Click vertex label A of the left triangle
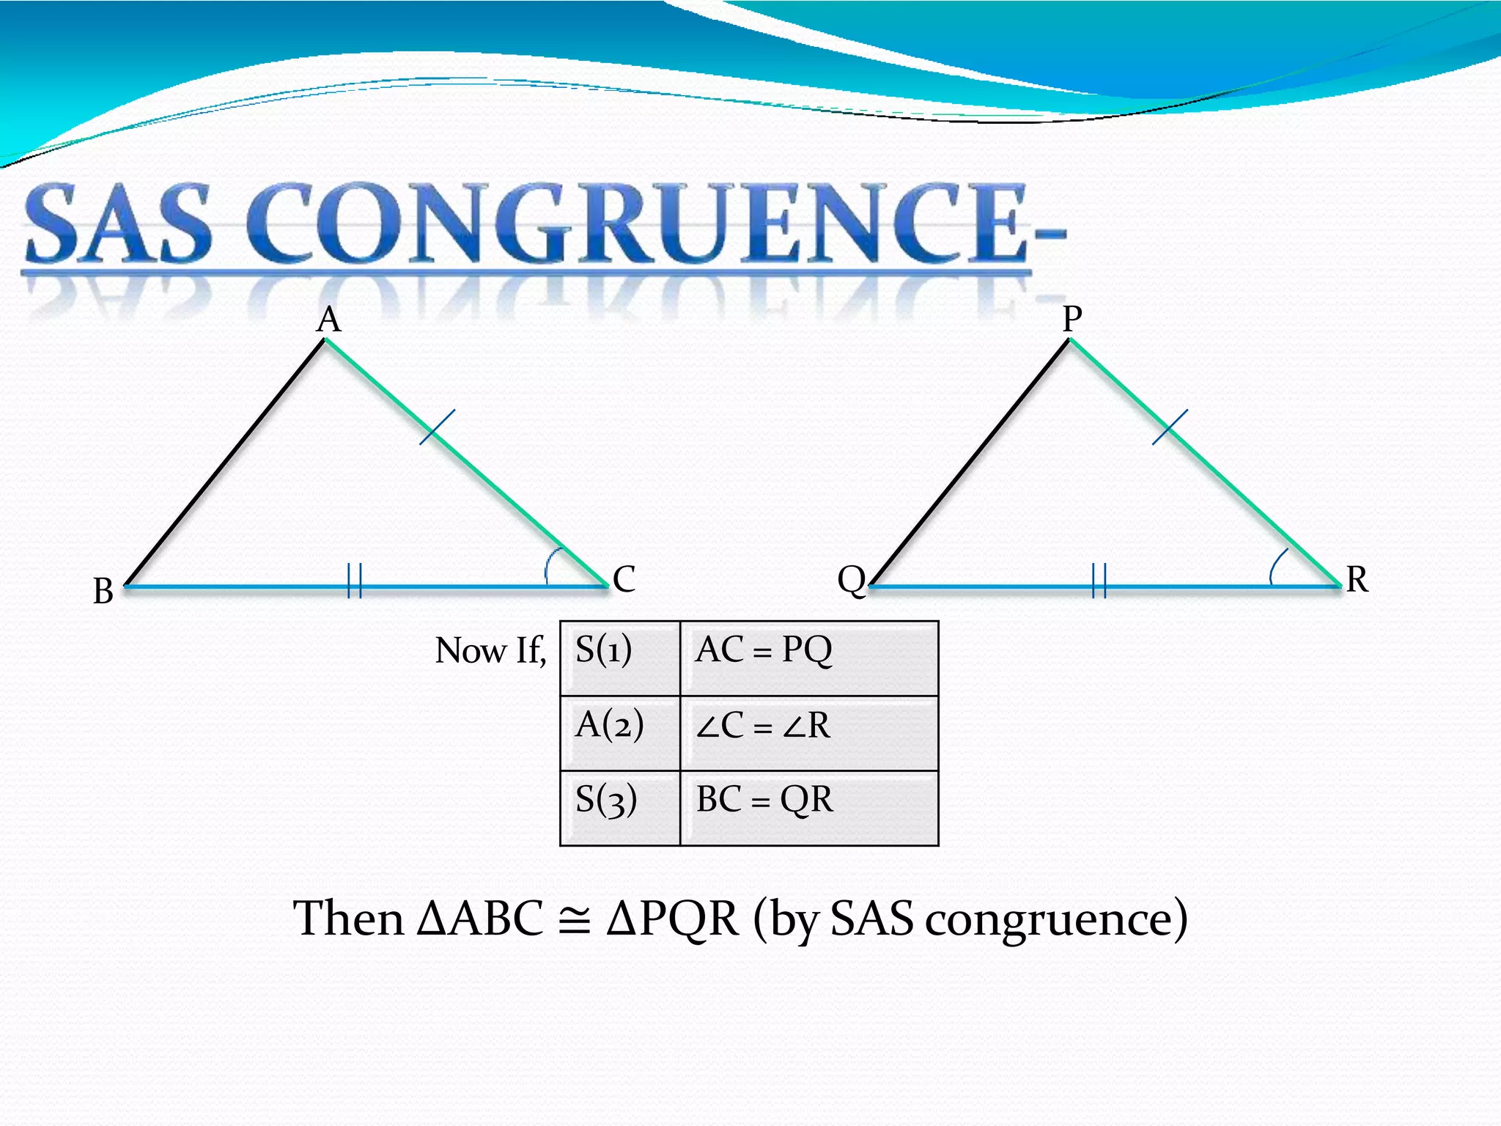pyautogui.click(x=329, y=320)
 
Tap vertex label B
pyautogui.click(x=103, y=591)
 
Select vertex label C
pyautogui.click(x=624, y=579)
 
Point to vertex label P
pyautogui.click(x=1072, y=319)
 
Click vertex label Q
pyautogui.click(x=852, y=580)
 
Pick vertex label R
pyautogui.click(x=1357, y=579)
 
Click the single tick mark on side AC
pyautogui.click(x=437, y=427)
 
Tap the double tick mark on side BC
pyautogui.click(x=355, y=581)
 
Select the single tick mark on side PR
pyautogui.click(x=1170, y=427)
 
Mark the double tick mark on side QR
pyautogui.click(x=1099, y=581)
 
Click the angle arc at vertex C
pyautogui.click(x=552, y=564)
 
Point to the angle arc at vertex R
pyautogui.click(x=1277, y=566)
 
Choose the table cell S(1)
pyautogui.click(x=619, y=658)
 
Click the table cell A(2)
pyautogui.click(x=619, y=732)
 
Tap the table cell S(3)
pyautogui.click(x=619, y=808)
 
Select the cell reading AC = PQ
pyautogui.click(x=808, y=658)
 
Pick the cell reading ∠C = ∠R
pyautogui.click(x=808, y=732)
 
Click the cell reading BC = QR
pyautogui.click(x=808, y=808)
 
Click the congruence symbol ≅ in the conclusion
pyautogui.click(x=574, y=920)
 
